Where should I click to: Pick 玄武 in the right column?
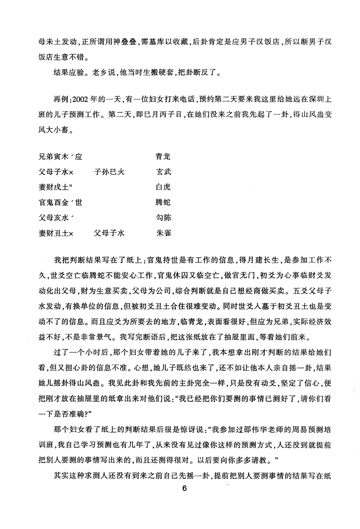163,173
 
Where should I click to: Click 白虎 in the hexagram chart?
163,188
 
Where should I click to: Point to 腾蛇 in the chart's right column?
163,203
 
